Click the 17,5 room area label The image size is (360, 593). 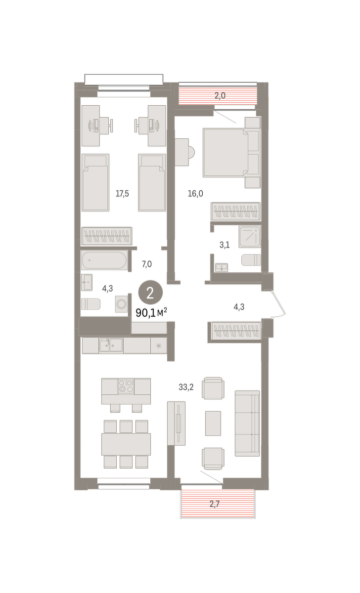[122, 194]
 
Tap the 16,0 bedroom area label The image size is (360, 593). [195, 194]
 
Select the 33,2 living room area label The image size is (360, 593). [186, 387]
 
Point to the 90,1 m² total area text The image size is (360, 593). [151, 313]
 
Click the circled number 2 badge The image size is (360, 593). [150, 293]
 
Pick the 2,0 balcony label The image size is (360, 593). [220, 95]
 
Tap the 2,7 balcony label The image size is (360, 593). [215, 504]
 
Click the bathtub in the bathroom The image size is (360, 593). [104, 260]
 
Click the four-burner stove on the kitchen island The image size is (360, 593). [126, 386]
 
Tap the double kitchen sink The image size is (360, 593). [111, 345]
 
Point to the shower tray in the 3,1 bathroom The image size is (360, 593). [250, 237]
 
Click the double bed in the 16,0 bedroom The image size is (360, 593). [231, 153]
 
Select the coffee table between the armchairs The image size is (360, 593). [213, 423]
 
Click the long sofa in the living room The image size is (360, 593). [247, 424]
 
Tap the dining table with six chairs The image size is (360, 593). [126, 444]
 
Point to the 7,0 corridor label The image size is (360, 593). [147, 264]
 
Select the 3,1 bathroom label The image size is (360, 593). [225, 245]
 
